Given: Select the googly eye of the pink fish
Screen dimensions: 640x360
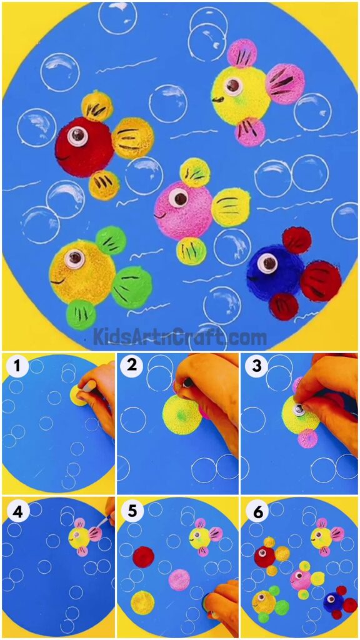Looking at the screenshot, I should tap(179, 198).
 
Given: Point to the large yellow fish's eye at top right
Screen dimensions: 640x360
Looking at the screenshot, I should tap(233, 86).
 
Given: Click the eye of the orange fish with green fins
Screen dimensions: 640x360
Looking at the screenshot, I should tap(75, 257).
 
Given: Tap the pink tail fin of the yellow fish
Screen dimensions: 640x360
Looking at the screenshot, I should tap(285, 84).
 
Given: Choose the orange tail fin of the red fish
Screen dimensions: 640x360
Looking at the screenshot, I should tap(132, 138).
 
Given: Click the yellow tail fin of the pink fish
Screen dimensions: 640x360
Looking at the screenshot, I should tap(231, 207).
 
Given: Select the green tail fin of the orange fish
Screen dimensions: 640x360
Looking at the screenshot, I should tap(132, 287).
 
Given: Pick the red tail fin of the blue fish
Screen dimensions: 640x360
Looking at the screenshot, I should tap(320, 281).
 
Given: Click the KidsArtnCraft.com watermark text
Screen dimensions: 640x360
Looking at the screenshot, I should tap(180, 337).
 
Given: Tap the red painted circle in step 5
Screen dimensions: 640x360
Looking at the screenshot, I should tap(143, 556).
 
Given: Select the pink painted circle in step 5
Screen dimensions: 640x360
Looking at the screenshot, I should tap(179, 579).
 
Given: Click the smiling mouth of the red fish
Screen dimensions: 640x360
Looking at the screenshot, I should tap(64, 157).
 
